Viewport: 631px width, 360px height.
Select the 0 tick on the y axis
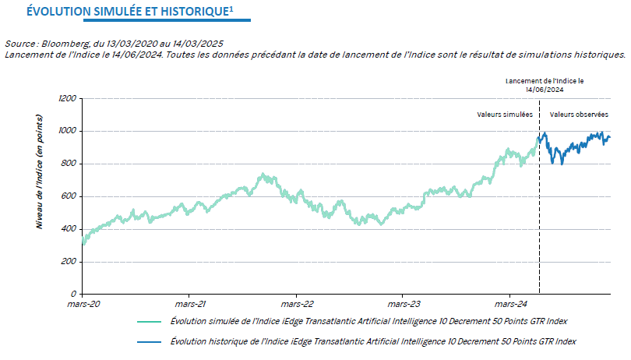click(73, 294)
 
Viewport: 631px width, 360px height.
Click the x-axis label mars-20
click(84, 305)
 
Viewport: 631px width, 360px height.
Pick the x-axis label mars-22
click(297, 305)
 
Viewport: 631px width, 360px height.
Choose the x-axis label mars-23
click(404, 305)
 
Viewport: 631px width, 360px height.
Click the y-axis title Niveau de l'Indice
click(38, 171)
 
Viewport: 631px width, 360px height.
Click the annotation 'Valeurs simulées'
click(505, 115)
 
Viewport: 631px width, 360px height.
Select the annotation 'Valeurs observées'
click(579, 115)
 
